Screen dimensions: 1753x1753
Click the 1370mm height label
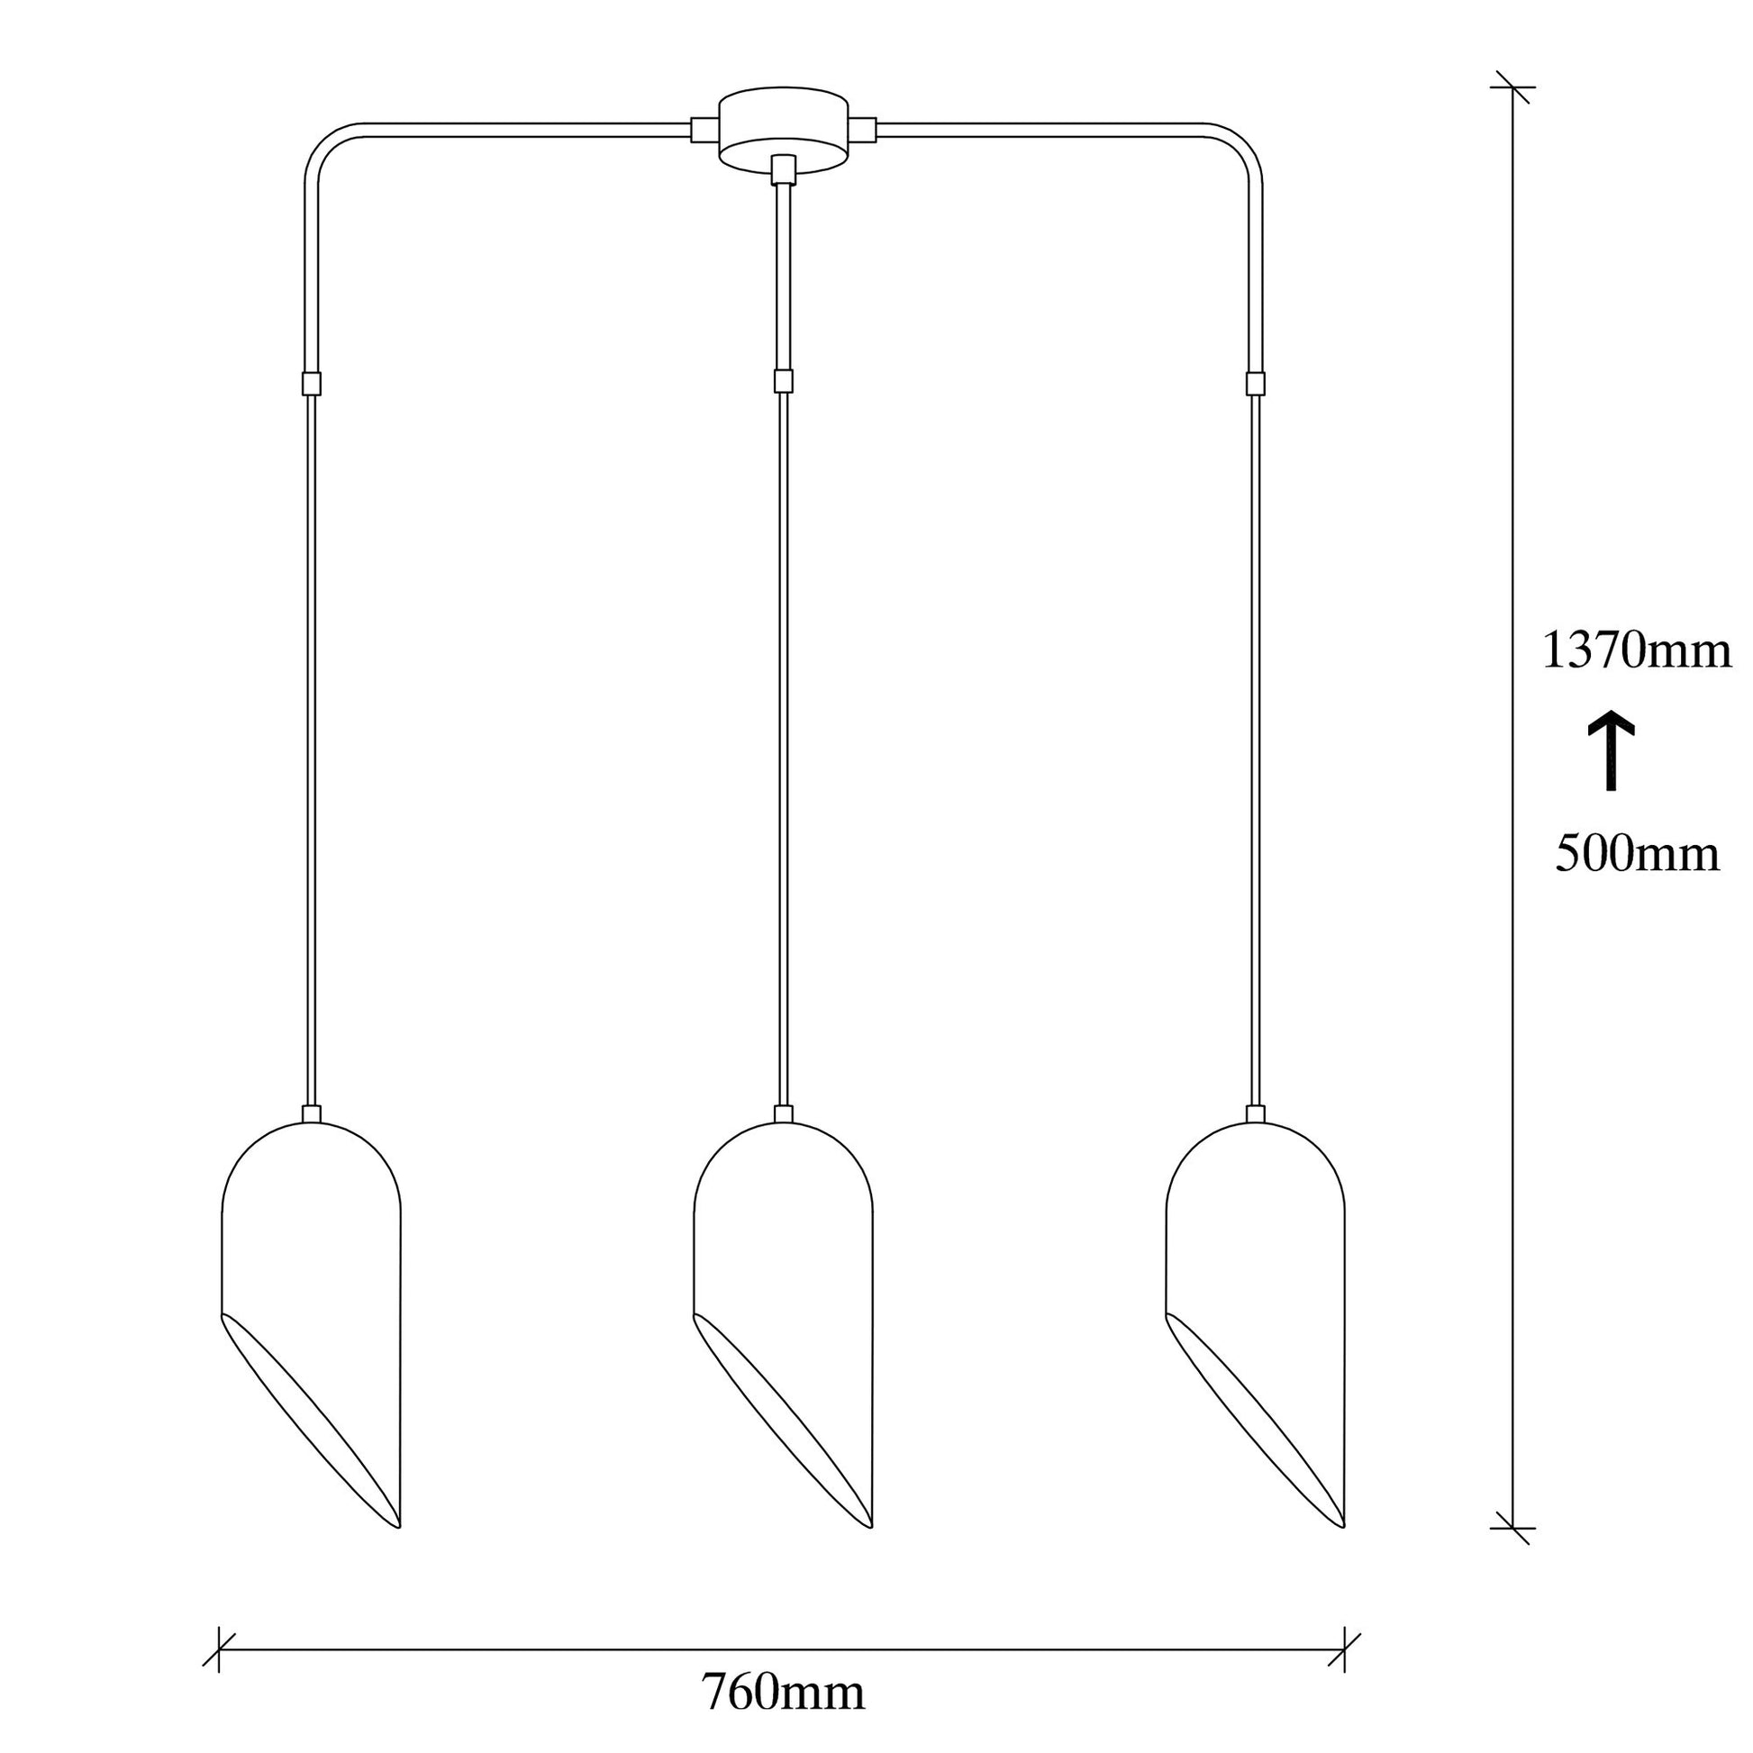click(x=1637, y=650)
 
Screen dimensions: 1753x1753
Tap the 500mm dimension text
click(x=1638, y=854)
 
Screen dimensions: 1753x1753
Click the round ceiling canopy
click(x=784, y=130)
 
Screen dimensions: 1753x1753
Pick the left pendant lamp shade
click(x=311, y=1326)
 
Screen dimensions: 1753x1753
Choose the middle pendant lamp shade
click(x=783, y=1326)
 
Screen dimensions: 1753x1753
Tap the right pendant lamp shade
click(x=1256, y=1326)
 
